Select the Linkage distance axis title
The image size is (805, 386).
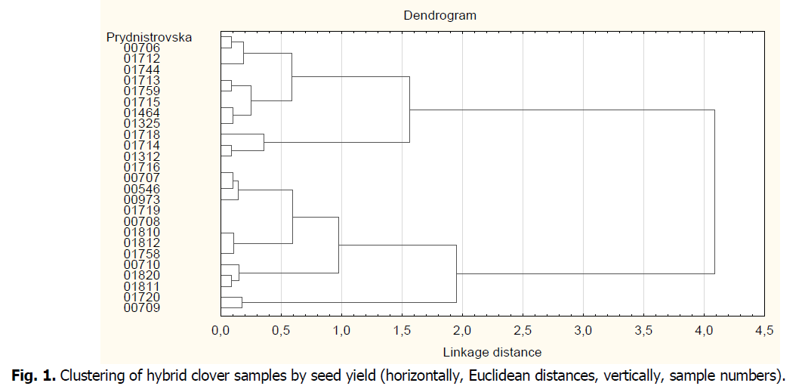492,352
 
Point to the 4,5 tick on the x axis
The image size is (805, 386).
764,330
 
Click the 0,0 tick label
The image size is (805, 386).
221,330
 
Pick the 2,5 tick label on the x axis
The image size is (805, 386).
523,330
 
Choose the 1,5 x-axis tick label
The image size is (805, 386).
402,330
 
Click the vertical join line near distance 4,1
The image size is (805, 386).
714,192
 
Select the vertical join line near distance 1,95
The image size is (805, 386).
456,273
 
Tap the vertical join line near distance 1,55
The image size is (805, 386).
409,110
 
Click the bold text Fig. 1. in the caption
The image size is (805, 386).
35,374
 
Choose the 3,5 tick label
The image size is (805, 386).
643,330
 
